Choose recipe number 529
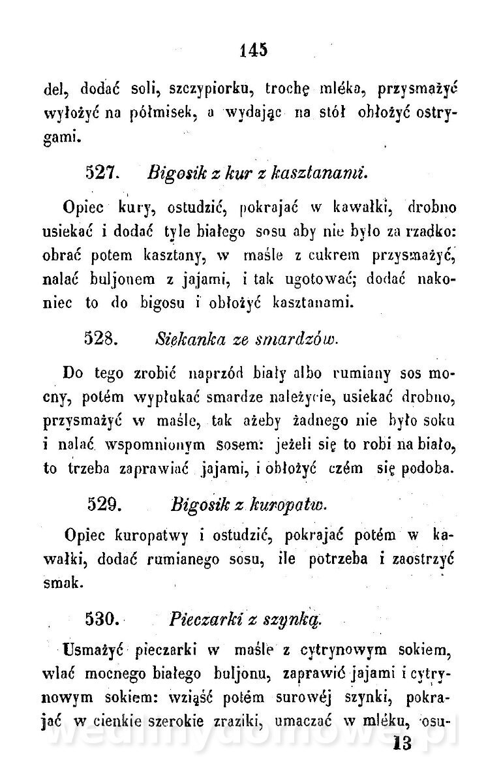point(102,504)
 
